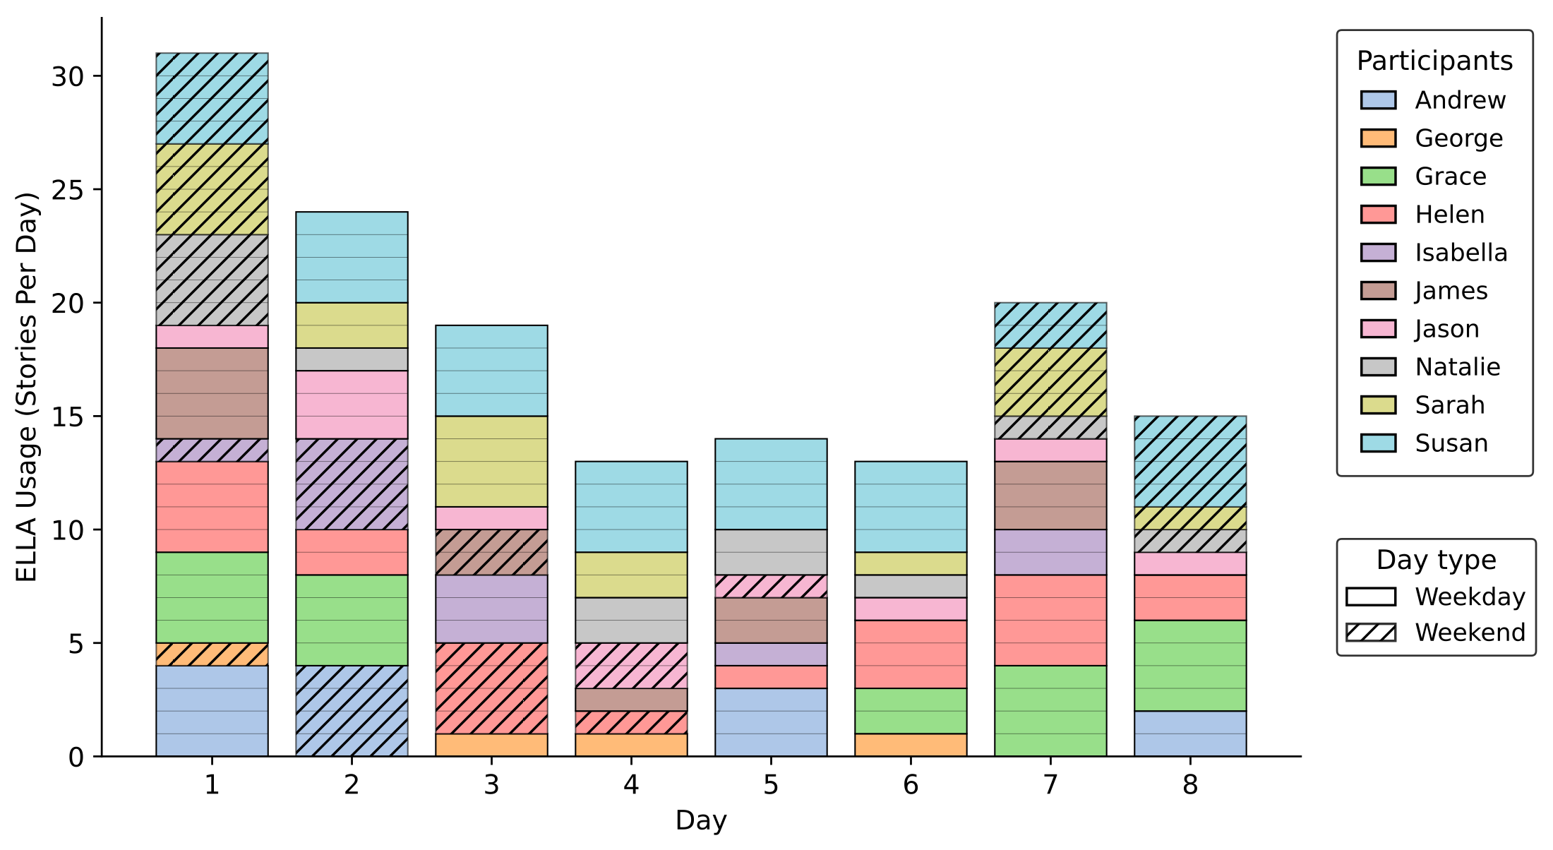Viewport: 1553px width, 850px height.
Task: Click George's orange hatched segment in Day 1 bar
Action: pyautogui.click(x=212, y=654)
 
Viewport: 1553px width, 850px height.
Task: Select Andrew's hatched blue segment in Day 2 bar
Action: pyautogui.click(x=352, y=711)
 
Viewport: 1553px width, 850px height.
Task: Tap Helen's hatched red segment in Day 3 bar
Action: pyautogui.click(x=491, y=688)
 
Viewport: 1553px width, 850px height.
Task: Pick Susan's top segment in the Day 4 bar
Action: pyautogui.click(x=631, y=507)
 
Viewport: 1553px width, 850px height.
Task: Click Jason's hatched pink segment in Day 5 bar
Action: pyautogui.click(x=771, y=587)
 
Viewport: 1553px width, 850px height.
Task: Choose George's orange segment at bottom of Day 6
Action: pyautogui.click(x=911, y=745)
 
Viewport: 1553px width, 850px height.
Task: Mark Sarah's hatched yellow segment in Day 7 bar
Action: pyautogui.click(x=1050, y=382)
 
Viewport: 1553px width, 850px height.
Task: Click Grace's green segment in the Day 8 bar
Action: pyautogui.click(x=1190, y=666)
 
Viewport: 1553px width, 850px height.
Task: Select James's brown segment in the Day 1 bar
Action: pyautogui.click(x=212, y=393)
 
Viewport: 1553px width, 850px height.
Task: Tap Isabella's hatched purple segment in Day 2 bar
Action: pyautogui.click(x=352, y=484)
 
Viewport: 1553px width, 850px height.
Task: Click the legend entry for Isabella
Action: pyautogui.click(x=1461, y=253)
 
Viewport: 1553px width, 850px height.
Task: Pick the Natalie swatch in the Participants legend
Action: pyautogui.click(x=1378, y=367)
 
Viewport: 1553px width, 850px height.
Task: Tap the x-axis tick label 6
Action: pyautogui.click(x=911, y=785)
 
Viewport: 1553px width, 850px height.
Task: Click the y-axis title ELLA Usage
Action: pyautogui.click(x=26, y=387)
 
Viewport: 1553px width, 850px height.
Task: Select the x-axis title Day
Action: pyautogui.click(x=700, y=820)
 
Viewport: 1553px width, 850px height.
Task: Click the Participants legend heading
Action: pyautogui.click(x=1434, y=61)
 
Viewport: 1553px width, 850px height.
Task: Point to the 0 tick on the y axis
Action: pyautogui.click(x=76, y=758)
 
